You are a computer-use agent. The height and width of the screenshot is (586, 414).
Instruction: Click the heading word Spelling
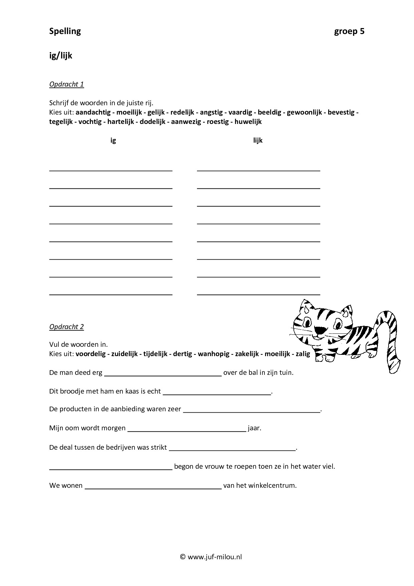65,31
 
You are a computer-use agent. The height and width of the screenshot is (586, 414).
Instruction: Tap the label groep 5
349,31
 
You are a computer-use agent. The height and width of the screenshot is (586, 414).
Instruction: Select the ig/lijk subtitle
60,56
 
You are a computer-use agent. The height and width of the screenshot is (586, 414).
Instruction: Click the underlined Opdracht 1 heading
66,84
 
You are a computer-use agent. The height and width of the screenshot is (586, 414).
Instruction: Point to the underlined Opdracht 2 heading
66,327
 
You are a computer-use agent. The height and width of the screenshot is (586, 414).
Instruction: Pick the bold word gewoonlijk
304,113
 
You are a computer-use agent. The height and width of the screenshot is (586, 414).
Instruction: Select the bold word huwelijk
248,122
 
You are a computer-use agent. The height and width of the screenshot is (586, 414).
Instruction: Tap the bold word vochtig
90,122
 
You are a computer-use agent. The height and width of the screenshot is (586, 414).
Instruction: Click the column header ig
113,141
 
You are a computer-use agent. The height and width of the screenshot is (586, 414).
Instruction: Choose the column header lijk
258,141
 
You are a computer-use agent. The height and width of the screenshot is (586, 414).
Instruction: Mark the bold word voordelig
90,354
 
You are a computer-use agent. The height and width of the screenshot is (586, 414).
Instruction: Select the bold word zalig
303,354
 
